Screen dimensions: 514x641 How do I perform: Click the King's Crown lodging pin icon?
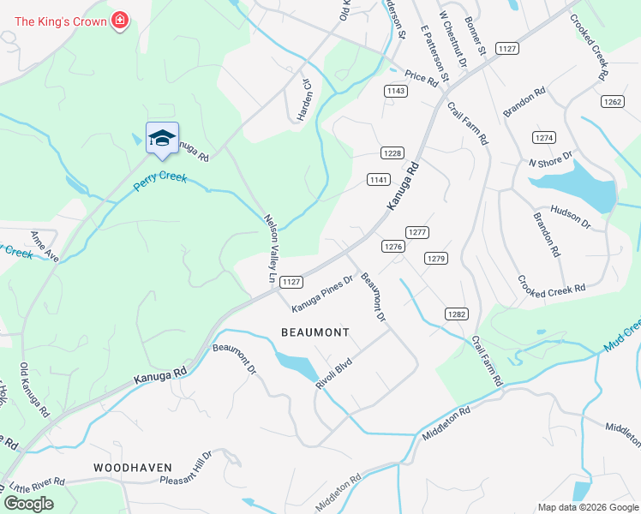(120, 20)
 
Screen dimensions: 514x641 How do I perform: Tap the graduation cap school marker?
(162, 139)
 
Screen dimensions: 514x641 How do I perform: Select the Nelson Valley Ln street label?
(271, 248)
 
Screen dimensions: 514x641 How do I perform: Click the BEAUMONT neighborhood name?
(315, 332)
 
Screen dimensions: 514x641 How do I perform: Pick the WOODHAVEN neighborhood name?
(133, 468)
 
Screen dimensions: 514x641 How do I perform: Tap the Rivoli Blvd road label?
(334, 374)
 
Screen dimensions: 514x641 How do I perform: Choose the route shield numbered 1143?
(395, 91)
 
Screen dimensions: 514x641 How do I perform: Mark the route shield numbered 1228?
(392, 152)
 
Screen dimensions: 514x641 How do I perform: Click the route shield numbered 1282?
(456, 314)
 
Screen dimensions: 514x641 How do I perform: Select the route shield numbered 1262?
(612, 101)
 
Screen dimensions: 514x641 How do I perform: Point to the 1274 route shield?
(543, 137)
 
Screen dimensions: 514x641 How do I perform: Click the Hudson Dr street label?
(571, 217)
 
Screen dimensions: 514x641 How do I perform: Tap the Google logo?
(29, 504)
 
